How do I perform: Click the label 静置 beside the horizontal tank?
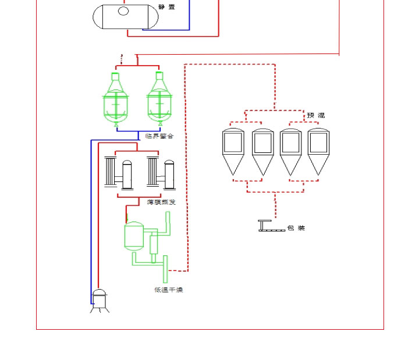(x=166, y=8)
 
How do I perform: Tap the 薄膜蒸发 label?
(x=161, y=202)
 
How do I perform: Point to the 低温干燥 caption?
(x=169, y=290)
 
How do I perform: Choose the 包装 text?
(x=296, y=228)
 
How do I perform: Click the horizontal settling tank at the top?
(x=126, y=16)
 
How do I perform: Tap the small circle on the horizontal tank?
(x=123, y=10)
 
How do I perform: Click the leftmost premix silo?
(x=233, y=151)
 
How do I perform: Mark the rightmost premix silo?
(x=318, y=151)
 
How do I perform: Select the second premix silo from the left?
(x=262, y=151)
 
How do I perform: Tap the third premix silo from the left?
(x=290, y=151)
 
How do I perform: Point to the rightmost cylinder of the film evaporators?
(x=171, y=174)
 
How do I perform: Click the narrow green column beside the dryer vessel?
(x=154, y=244)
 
